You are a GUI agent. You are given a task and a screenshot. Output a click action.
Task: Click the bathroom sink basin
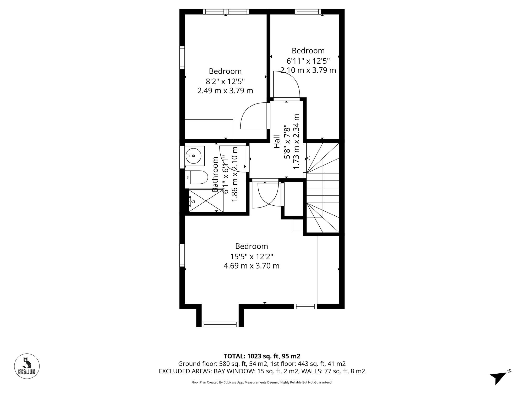(194, 156)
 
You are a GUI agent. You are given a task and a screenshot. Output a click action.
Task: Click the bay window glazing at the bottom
(220, 324)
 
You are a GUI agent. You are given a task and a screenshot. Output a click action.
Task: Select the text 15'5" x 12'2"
(252, 256)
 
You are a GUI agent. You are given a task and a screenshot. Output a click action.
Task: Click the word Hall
(277, 142)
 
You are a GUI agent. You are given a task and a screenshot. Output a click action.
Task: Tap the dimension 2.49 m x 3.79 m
(225, 91)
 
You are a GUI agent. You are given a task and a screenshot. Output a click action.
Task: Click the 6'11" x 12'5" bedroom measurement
(308, 61)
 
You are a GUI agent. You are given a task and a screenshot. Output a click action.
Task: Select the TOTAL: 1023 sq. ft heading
(262, 356)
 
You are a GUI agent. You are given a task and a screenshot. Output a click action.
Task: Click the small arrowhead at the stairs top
(309, 158)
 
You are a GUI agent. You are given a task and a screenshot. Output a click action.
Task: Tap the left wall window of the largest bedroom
(182, 255)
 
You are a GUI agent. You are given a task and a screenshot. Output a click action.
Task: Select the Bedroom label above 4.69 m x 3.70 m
(252, 246)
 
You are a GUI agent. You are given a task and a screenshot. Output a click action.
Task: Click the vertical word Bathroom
(215, 174)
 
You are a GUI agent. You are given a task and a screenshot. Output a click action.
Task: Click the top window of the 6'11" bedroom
(308, 12)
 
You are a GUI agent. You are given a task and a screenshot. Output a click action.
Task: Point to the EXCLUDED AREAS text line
(262, 371)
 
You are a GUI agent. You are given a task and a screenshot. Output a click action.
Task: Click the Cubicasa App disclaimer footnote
(262, 383)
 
